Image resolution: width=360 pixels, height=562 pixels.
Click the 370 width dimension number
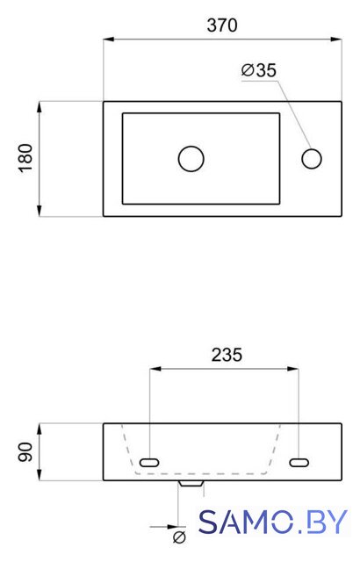[x=222, y=25]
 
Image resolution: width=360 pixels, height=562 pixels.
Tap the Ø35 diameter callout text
[x=259, y=70]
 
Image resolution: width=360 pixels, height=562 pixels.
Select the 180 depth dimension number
[x=25, y=158]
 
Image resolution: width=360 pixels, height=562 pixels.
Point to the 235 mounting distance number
[x=227, y=355]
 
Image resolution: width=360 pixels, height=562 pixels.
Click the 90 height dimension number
[x=25, y=451]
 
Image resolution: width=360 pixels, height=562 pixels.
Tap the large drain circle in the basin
[x=191, y=159]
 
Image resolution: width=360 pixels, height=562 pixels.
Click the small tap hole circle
[x=312, y=159]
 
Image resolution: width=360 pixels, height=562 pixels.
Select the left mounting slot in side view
[x=149, y=463]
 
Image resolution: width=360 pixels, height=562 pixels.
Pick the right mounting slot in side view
[x=299, y=463]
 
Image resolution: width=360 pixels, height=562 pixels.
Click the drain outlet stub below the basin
[x=191, y=484]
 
